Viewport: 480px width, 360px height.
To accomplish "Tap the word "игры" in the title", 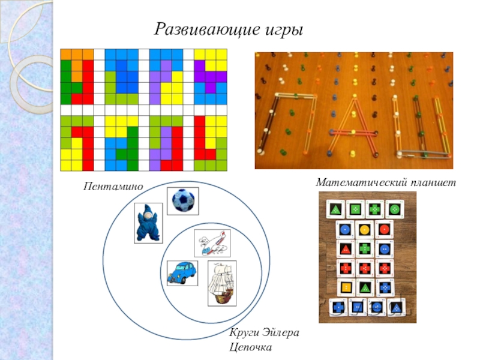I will coord(282,29).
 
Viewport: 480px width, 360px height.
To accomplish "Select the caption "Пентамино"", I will coord(114,187).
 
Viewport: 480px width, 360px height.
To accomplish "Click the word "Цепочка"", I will coord(251,347).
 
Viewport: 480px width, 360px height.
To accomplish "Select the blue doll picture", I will coord(148,223).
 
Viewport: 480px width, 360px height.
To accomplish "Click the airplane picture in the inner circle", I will coord(212,243).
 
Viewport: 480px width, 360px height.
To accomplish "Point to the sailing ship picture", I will coord(221,283).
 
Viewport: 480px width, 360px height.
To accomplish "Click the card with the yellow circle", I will coord(364,229).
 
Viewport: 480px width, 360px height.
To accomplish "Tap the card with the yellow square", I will coord(346,287).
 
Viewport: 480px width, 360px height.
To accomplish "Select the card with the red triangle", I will coord(346,248).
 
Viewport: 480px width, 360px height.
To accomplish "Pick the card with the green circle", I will coord(394,209).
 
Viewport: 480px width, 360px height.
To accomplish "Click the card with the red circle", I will coord(383,229).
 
